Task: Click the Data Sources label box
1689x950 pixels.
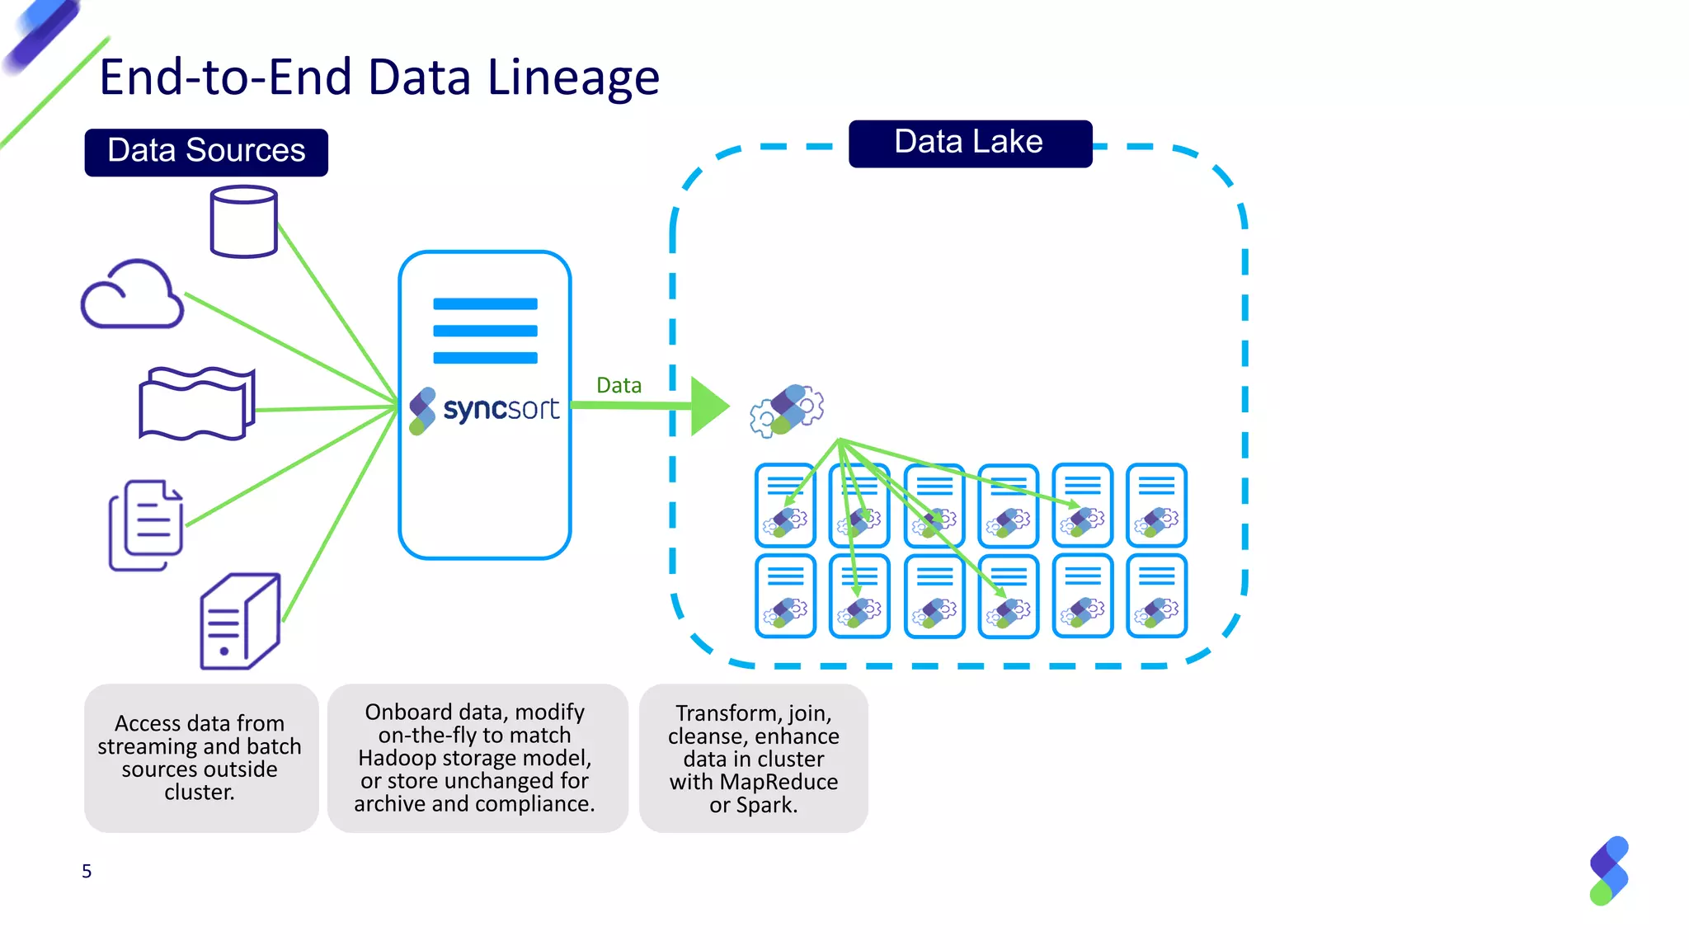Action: [x=206, y=152]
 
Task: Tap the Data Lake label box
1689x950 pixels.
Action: [x=970, y=143]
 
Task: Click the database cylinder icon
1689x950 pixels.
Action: [x=243, y=222]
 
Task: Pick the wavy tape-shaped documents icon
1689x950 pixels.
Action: [x=196, y=403]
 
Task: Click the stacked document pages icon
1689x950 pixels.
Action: [x=146, y=525]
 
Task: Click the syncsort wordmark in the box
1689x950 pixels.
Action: [x=500, y=409]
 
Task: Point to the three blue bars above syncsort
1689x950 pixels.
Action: [x=485, y=331]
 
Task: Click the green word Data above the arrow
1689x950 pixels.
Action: [x=619, y=385]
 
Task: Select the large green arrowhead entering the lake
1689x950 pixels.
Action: [x=708, y=406]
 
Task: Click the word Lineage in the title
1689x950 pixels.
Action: [x=573, y=78]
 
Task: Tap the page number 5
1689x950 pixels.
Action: [x=87, y=871]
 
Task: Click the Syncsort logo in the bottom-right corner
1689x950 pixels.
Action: [x=1609, y=871]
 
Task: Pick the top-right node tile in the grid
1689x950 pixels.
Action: [x=1156, y=506]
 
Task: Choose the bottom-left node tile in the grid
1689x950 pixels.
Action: [x=785, y=596]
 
